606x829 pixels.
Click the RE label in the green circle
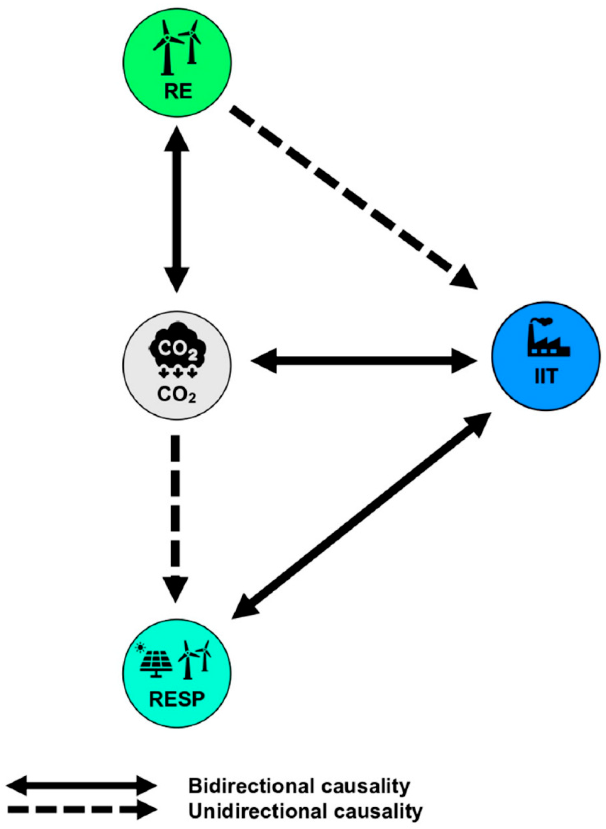(x=178, y=92)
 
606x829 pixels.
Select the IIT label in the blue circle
(x=545, y=377)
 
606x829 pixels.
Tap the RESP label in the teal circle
(x=176, y=700)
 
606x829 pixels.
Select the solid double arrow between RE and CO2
(x=176, y=209)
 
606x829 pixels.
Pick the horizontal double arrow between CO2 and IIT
(x=363, y=361)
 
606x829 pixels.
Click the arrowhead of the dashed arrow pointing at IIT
(x=464, y=277)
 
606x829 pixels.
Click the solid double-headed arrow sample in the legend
(x=82, y=785)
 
